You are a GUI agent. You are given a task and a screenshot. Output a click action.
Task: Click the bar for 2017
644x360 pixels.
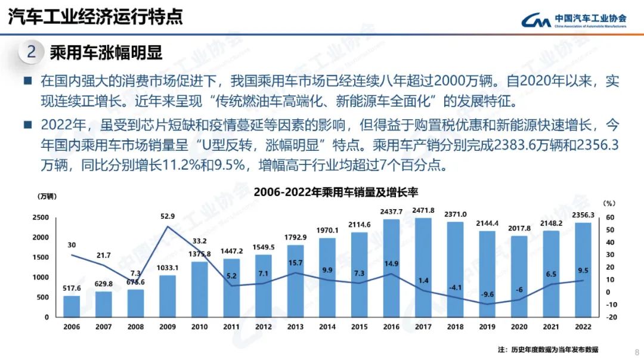coord(423,268)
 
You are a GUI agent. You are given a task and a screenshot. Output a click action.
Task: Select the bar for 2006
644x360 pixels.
coord(72,306)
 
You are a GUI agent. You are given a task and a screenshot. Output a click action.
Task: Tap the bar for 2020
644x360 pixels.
coord(519,277)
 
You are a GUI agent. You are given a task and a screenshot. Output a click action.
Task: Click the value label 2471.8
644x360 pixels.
coord(423,210)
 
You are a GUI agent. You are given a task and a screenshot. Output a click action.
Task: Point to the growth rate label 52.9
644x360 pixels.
coord(168,216)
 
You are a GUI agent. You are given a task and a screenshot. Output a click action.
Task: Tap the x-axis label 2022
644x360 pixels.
coord(583,327)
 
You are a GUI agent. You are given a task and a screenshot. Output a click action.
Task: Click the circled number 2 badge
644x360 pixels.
coord(32,52)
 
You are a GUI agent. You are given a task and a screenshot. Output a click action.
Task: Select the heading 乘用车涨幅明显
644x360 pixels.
coord(106,52)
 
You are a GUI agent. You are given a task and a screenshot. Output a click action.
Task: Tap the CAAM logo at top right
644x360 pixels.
coord(574,20)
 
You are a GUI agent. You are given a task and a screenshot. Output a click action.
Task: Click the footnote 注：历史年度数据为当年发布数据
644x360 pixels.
coord(547,349)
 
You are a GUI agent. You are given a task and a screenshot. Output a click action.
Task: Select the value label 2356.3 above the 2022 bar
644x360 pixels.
coord(583,215)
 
